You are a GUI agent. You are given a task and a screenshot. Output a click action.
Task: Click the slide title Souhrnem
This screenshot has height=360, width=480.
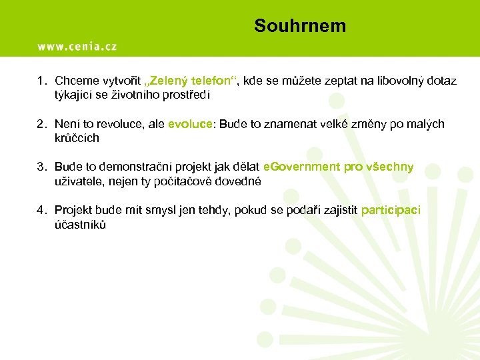(x=300, y=26)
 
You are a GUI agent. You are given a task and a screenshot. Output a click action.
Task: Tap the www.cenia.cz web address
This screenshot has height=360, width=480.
(x=77, y=46)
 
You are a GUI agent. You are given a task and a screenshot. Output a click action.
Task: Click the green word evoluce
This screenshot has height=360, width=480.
(x=190, y=124)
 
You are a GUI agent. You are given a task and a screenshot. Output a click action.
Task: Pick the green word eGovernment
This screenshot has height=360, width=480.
(x=302, y=167)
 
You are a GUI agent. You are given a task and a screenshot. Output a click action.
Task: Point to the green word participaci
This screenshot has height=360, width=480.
(x=391, y=211)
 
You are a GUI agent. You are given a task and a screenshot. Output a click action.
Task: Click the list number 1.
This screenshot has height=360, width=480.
(x=40, y=81)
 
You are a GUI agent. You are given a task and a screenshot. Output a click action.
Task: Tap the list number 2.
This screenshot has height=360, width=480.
(x=40, y=124)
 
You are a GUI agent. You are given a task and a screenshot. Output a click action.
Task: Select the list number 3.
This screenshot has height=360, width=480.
(x=40, y=167)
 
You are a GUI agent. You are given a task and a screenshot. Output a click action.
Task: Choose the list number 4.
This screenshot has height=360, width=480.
(x=40, y=211)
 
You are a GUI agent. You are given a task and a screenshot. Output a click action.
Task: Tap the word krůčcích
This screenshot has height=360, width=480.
(x=77, y=138)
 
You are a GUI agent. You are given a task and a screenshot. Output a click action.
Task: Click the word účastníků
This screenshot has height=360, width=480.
(x=80, y=225)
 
